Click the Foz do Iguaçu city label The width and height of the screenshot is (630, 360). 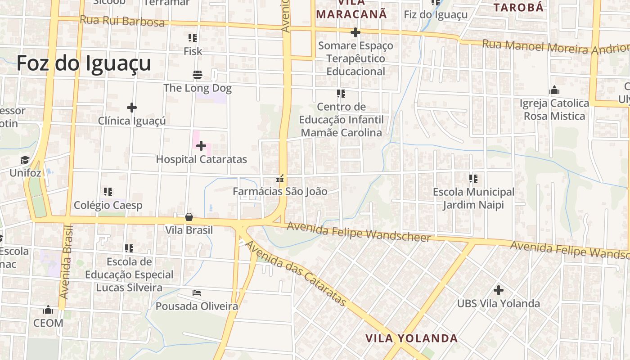coord(84,63)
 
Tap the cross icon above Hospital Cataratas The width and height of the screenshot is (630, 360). coord(201,146)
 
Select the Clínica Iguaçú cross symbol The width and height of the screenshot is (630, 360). coord(132,108)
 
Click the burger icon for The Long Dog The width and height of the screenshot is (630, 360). coord(197,74)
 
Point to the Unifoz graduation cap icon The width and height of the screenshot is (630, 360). coord(25,160)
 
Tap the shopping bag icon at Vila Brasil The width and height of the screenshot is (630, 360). coord(189,217)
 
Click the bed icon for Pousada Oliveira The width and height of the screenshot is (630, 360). coord(197,293)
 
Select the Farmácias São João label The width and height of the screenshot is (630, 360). coord(280,191)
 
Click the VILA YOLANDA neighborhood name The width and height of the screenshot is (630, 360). coord(411,338)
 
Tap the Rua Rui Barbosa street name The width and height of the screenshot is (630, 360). coord(122,21)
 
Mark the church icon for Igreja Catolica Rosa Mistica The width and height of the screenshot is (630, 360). coord(554,90)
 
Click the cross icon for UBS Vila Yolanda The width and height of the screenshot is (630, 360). coord(499,290)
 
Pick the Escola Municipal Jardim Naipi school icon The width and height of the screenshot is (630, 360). coord(473,179)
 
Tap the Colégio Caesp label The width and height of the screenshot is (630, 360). coord(108,205)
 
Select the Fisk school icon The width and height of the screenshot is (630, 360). coord(193,38)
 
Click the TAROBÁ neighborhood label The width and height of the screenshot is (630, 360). coord(519,7)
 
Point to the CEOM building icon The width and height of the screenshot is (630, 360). coord(48,310)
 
